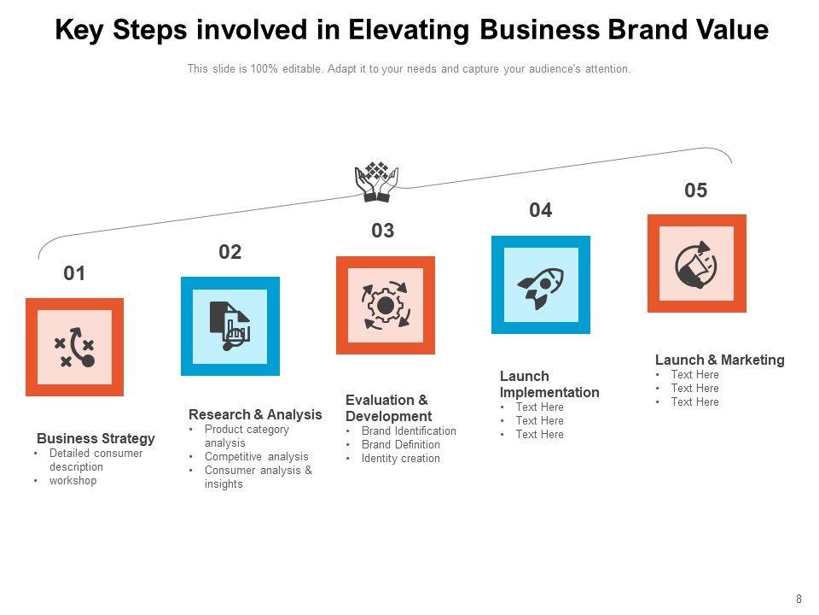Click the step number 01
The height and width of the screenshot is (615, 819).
75,273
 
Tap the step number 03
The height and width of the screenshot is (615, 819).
383,231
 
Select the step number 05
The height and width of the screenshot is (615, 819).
696,190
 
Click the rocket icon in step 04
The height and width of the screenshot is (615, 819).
541,284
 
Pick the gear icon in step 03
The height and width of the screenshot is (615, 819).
386,305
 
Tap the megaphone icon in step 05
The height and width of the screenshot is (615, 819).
696,264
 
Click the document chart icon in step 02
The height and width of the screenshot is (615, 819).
229,325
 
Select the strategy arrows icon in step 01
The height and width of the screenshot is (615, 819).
74,347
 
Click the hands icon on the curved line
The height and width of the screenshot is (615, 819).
376,181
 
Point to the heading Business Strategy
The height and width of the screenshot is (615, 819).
96,438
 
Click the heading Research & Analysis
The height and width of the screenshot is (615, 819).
255,414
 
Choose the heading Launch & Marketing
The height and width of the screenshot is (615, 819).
719,360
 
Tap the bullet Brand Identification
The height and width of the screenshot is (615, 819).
409,431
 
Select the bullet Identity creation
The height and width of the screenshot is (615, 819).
401,459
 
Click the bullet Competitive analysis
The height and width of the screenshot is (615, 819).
256,457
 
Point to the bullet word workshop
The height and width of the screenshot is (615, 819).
73,481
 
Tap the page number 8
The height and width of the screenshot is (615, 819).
799,600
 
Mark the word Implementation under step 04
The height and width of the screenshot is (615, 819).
549,392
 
